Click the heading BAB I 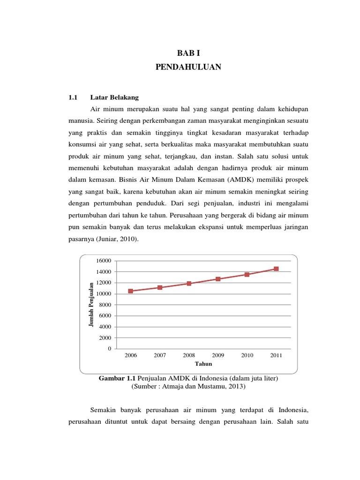(188, 54)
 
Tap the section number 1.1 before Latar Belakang (72, 97)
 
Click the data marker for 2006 (130, 291)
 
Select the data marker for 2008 (189, 284)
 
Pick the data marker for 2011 (276, 269)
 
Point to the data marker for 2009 (218, 279)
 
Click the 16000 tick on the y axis (104, 261)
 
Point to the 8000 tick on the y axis (105, 305)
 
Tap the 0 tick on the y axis (110, 349)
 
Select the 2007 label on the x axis (160, 355)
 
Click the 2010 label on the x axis (247, 355)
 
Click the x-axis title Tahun (204, 364)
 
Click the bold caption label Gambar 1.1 (115, 378)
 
